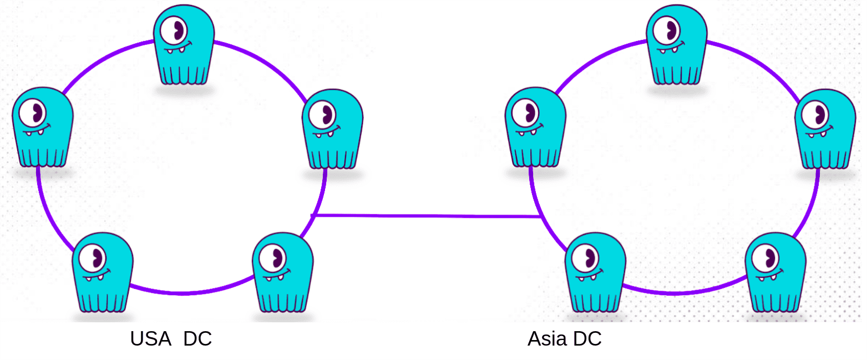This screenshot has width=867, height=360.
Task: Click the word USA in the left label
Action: tap(150, 339)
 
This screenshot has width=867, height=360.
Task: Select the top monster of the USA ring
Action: tap(184, 44)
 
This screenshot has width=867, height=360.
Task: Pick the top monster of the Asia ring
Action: tap(677, 44)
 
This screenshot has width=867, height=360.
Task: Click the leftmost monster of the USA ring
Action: tap(43, 128)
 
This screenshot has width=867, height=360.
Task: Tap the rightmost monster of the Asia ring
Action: tap(825, 129)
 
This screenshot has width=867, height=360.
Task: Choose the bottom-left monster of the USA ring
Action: tap(103, 272)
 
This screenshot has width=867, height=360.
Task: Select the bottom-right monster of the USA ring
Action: tap(283, 272)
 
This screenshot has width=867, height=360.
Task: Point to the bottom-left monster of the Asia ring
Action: tap(595, 272)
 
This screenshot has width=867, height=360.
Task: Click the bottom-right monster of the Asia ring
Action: tap(775, 272)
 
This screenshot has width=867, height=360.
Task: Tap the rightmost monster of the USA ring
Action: tap(332, 129)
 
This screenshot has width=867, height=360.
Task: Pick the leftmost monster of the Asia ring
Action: tap(535, 128)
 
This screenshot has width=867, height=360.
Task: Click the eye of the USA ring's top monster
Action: tap(174, 31)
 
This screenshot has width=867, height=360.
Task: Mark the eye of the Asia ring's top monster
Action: tap(667, 31)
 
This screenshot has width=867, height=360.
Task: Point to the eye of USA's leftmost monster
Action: tap(33, 113)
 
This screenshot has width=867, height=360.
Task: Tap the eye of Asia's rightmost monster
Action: tap(815, 115)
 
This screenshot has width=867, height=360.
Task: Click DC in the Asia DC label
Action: tap(587, 339)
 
